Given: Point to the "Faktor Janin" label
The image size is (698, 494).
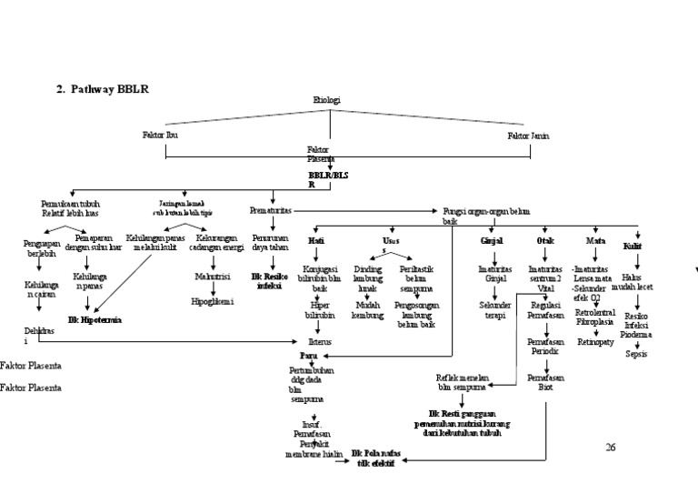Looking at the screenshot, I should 528,136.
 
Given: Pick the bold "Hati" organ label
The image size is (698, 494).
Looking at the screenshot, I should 316,240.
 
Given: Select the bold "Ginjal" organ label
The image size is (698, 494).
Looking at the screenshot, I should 492,240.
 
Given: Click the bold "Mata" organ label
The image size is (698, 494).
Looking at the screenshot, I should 595,240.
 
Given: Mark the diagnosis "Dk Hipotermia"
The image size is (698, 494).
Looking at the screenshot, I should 95,320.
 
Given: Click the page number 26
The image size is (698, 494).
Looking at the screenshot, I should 611,447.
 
